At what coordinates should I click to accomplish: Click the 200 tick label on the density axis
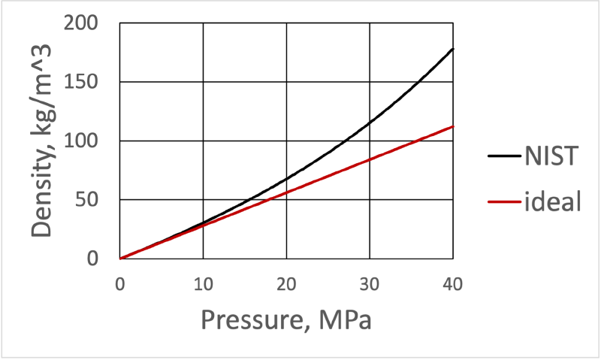pos(84,23)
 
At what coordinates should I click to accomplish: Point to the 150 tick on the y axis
pos(84,82)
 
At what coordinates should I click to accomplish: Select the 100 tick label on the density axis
pos(84,141)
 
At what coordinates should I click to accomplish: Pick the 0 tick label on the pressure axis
pos(120,283)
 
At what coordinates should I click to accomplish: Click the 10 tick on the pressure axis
pos(203,283)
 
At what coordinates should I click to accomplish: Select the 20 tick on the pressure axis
pos(286,283)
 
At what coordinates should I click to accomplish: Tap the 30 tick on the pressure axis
pos(369,283)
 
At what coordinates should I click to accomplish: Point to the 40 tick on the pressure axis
pos(452,283)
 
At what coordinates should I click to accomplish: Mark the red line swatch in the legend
pos(505,202)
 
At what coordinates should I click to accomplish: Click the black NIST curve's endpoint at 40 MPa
pos(453,49)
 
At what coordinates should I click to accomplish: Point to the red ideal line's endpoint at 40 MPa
pos(453,126)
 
